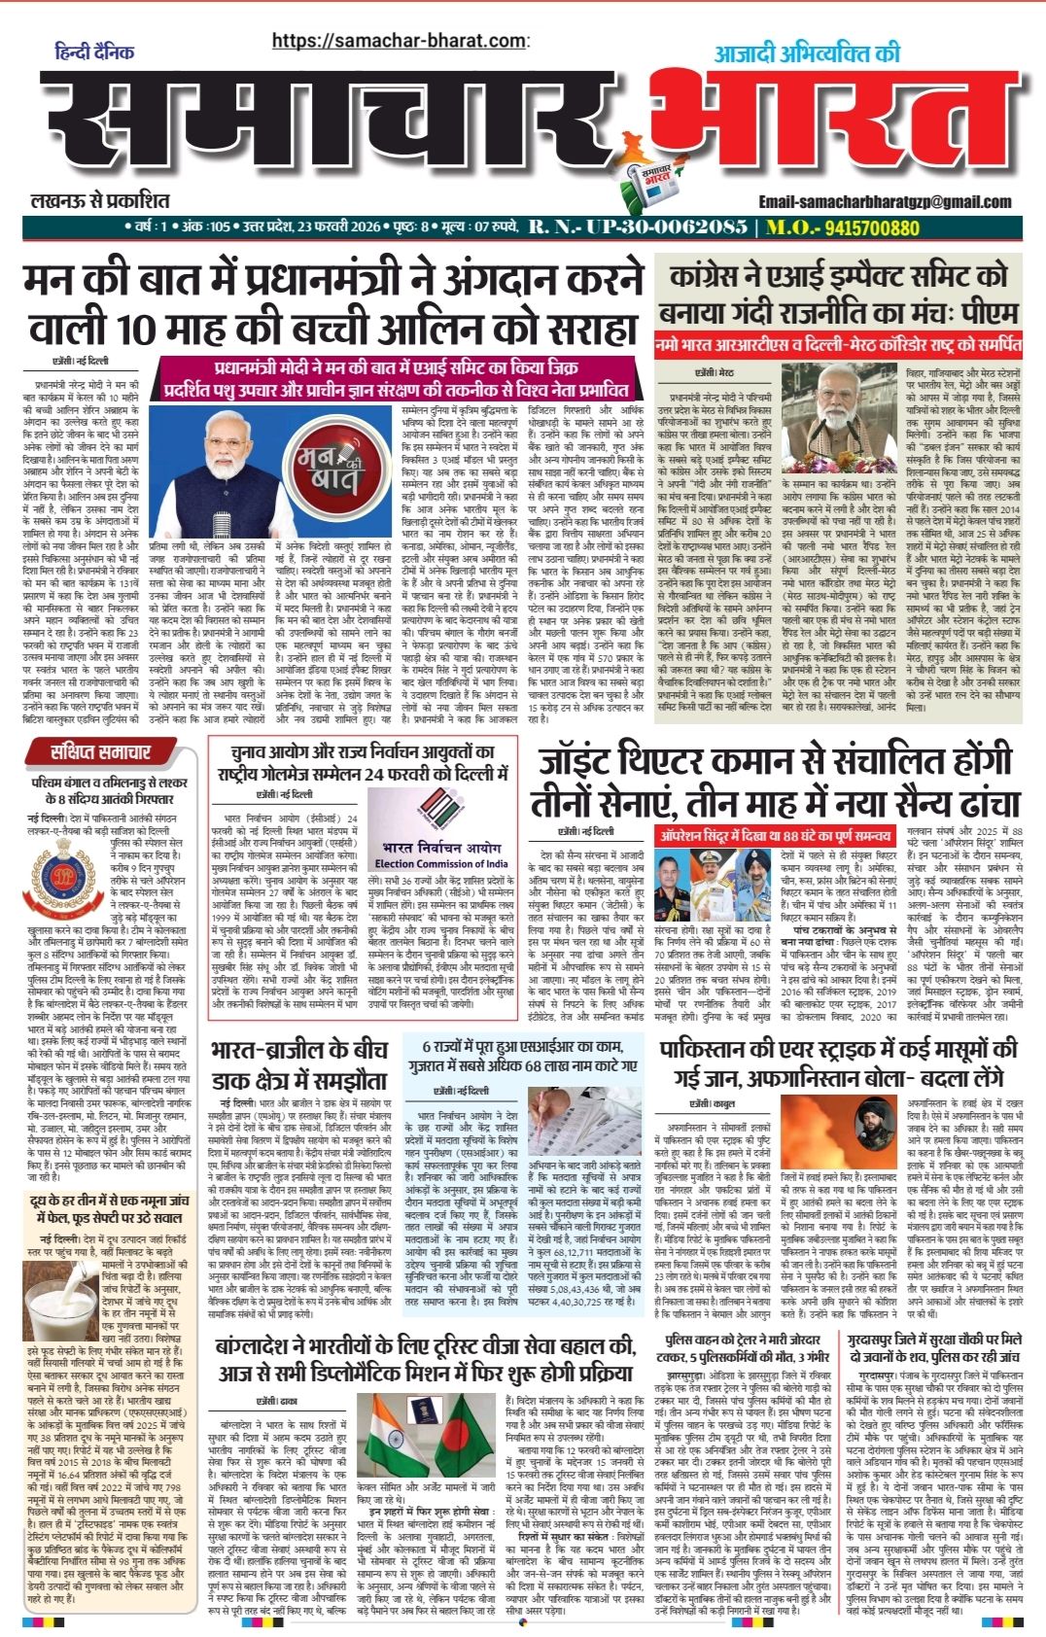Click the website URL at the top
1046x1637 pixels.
tap(399, 41)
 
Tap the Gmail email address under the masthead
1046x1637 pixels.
tap(886, 201)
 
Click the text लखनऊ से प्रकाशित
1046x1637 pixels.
tap(99, 201)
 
